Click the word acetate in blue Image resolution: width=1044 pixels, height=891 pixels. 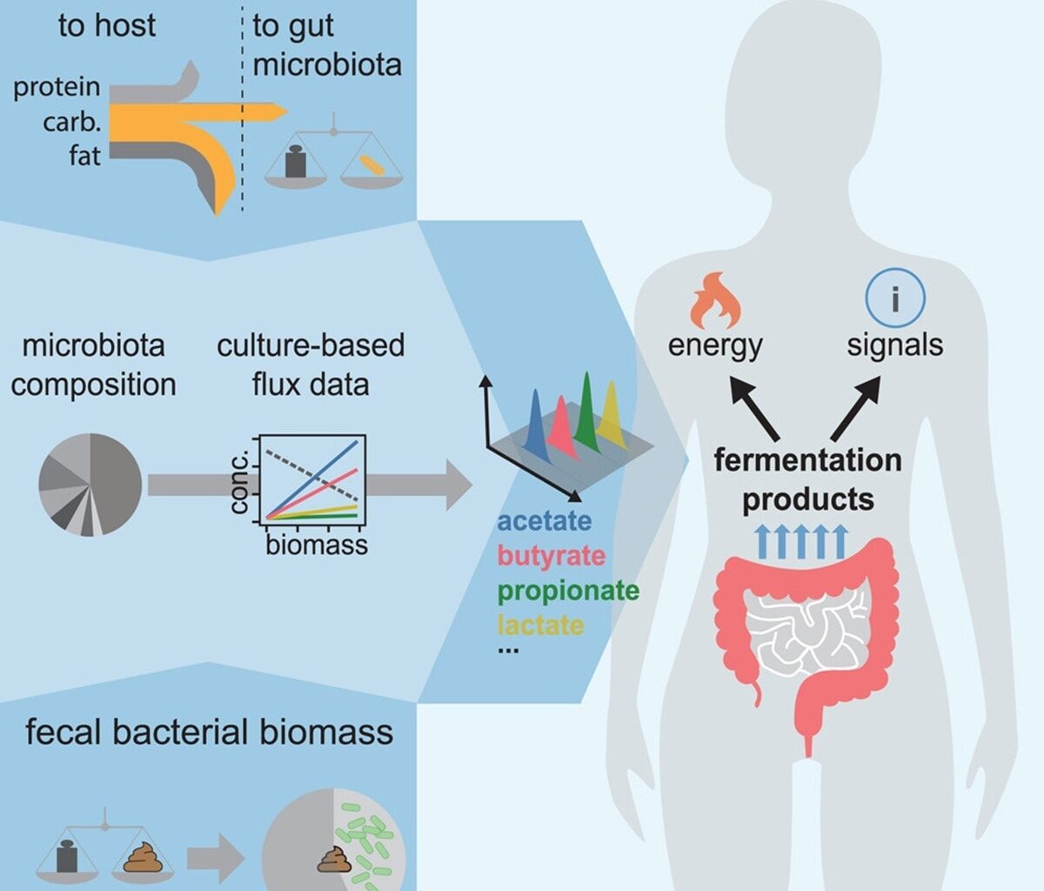pyautogui.click(x=544, y=521)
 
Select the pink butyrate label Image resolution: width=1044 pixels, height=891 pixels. pyautogui.click(x=551, y=555)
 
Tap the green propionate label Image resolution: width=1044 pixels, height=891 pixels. pyautogui.click(x=568, y=591)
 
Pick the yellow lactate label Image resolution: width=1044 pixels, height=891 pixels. pyautogui.click(x=540, y=625)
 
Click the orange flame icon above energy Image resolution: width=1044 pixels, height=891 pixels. pyautogui.click(x=715, y=299)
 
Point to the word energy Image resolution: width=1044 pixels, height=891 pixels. pyautogui.click(x=715, y=345)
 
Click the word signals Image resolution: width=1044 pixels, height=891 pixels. pyautogui.click(x=894, y=345)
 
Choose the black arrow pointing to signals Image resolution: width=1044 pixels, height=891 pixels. pyautogui.click(x=856, y=408)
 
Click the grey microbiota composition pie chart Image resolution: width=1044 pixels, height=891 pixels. pyautogui.click(x=90, y=484)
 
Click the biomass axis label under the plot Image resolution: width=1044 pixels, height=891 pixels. pyautogui.click(x=317, y=546)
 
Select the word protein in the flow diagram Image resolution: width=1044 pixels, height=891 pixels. pyautogui.click(x=57, y=87)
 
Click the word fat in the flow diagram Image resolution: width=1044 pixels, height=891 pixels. pyautogui.click(x=85, y=156)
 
